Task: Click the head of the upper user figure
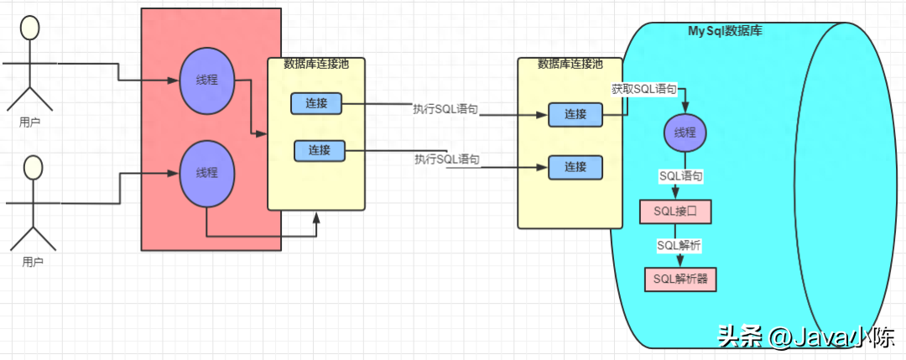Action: pos(30,28)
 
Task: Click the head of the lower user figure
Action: pos(33,167)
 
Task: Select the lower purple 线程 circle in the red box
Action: pos(206,173)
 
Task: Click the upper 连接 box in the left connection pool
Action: pos(316,103)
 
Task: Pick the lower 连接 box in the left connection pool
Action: pos(320,150)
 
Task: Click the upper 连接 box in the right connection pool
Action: pos(575,115)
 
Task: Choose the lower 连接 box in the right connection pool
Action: pos(575,166)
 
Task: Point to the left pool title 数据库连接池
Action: pos(316,64)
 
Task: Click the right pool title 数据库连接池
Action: pos(570,64)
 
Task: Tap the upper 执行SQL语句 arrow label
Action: pos(445,109)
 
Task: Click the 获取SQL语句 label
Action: pos(643,89)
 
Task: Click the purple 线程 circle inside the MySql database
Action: pos(685,133)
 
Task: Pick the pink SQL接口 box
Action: pos(675,212)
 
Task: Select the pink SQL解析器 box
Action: pos(681,279)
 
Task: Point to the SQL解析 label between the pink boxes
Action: pos(679,245)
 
